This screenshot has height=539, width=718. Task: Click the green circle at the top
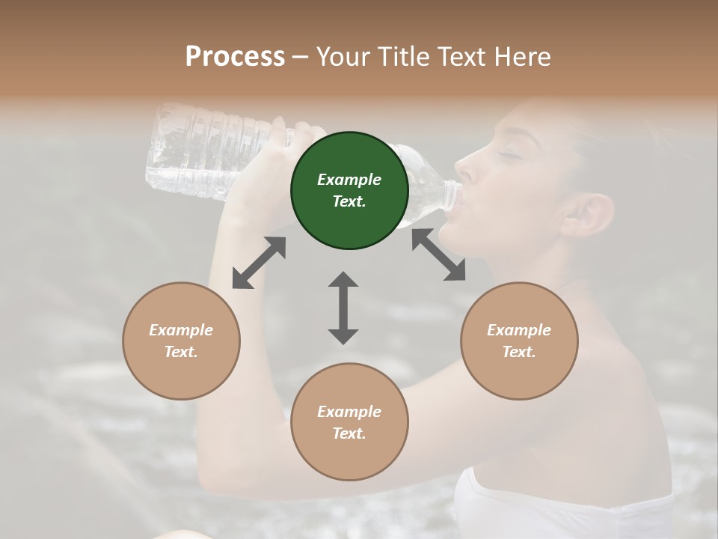click(x=349, y=190)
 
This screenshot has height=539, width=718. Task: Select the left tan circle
click(x=181, y=341)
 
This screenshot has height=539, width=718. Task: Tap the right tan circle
click(x=519, y=341)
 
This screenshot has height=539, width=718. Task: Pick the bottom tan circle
click(x=349, y=421)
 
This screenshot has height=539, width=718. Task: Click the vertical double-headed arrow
click(x=343, y=308)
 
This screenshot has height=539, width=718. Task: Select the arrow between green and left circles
click(x=259, y=263)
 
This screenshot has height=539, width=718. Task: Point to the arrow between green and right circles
click(x=438, y=255)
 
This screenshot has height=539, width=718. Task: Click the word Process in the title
click(x=235, y=56)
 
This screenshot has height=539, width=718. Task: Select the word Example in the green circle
click(x=349, y=180)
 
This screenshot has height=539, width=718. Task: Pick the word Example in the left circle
click(x=181, y=330)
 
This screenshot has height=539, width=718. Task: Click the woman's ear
click(x=587, y=215)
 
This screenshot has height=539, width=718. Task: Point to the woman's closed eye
click(x=511, y=155)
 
